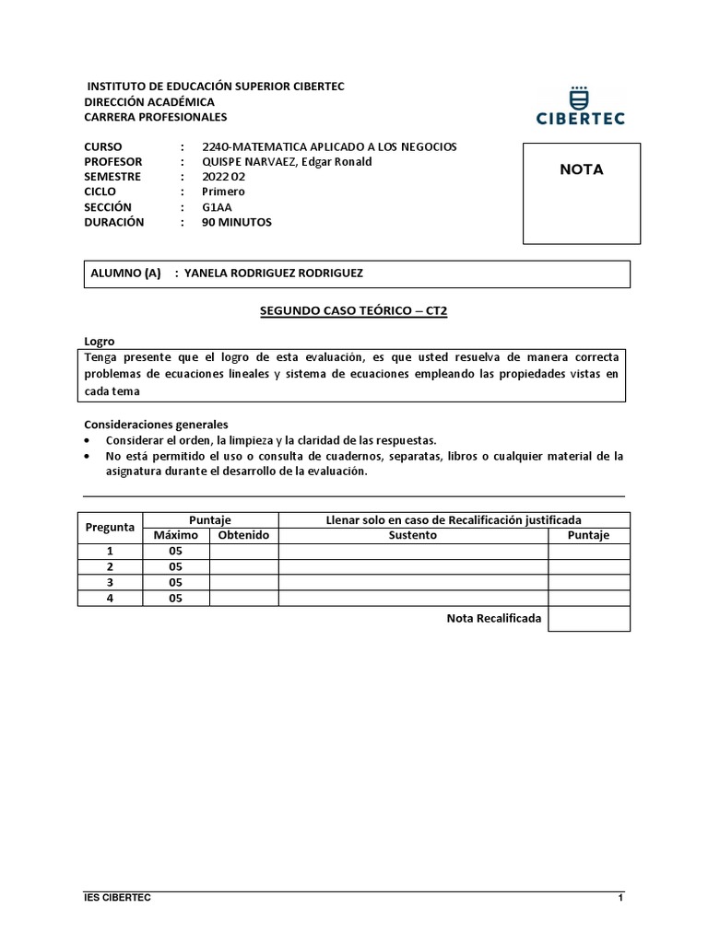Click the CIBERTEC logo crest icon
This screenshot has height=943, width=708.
(581, 95)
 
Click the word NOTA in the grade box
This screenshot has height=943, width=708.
(582, 169)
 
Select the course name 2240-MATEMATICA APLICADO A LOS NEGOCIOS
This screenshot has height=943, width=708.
(329, 146)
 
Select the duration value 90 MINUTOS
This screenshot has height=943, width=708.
(237, 222)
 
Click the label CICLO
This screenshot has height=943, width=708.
(100, 192)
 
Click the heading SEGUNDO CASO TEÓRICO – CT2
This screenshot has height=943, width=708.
(353, 311)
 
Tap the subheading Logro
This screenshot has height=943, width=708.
(100, 341)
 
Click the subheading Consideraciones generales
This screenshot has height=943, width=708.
(155, 425)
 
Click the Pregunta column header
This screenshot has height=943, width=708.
(110, 528)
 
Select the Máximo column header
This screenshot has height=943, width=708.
(175, 535)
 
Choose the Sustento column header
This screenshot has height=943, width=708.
(412, 535)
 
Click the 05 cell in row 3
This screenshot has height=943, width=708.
(175, 582)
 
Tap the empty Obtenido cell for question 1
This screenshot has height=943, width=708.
(243, 551)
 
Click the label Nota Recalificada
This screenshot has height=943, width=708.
(493, 618)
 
